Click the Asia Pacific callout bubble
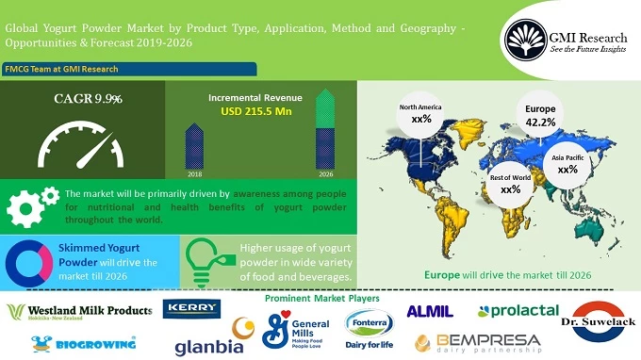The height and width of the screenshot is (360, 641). click(x=567, y=164)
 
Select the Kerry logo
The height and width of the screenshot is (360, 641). click(x=193, y=309)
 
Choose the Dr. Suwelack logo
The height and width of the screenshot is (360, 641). click(x=600, y=322)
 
